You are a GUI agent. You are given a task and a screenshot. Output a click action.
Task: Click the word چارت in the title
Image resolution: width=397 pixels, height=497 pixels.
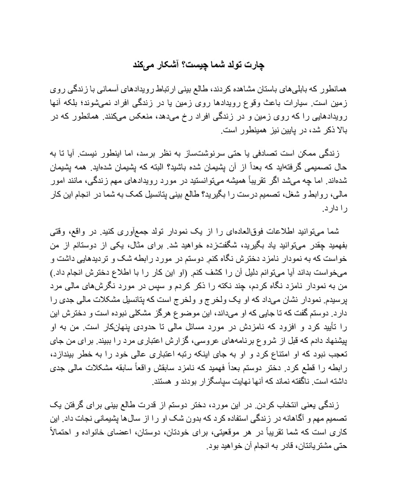256,65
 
